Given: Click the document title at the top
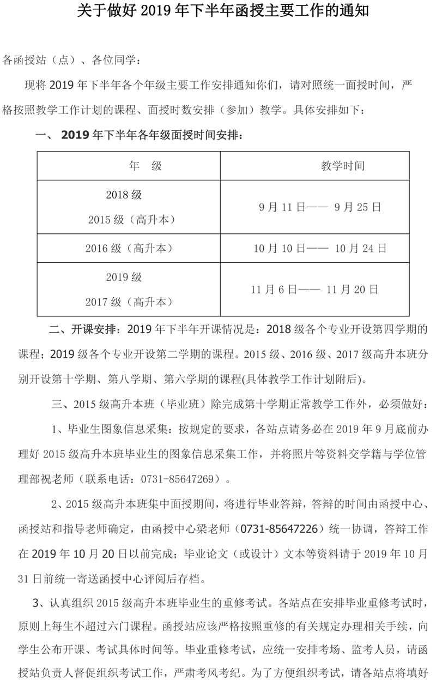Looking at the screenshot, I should (x=217, y=11).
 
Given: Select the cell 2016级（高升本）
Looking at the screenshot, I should (x=129, y=249).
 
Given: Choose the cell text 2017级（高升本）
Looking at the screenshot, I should (x=129, y=302).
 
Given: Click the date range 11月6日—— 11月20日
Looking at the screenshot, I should (x=315, y=290).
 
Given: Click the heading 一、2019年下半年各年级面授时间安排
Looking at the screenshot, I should (x=139, y=135).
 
